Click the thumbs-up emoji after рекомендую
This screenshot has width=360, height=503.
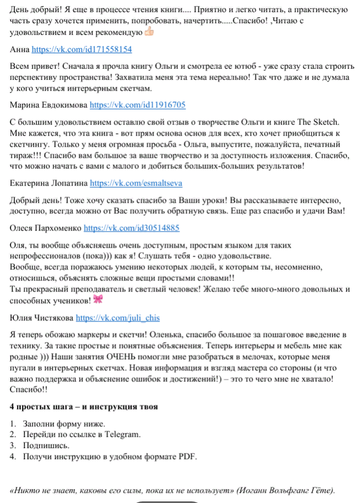point(148,32)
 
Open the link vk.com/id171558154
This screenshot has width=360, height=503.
point(82,49)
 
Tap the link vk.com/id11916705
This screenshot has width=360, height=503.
point(137,104)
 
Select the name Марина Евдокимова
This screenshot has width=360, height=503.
point(48,104)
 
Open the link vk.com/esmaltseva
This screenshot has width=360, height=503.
point(136,182)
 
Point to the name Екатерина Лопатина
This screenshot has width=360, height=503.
point(48,182)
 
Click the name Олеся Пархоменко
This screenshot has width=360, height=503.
point(45,228)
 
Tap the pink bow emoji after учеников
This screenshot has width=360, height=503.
point(98,300)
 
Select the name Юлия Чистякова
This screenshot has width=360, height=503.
point(41,318)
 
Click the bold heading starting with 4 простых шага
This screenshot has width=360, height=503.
point(84,406)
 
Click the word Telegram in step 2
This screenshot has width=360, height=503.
point(124,435)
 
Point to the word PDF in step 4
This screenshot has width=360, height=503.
point(188,457)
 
